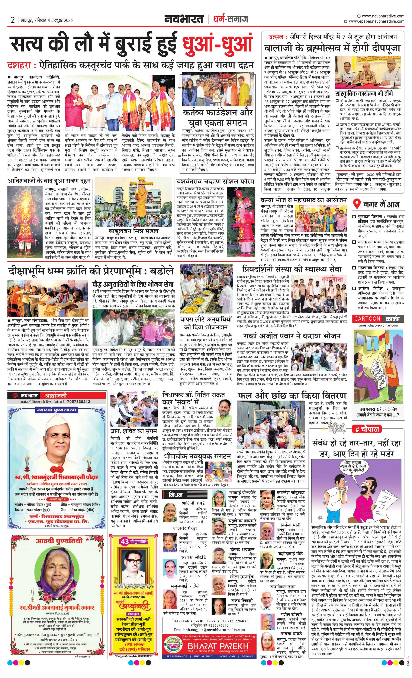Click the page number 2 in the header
click(13, 20)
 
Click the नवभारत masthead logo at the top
click(184, 19)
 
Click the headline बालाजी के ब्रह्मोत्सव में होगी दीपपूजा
click(332, 48)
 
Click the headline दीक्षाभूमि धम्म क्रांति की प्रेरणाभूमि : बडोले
click(91, 271)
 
